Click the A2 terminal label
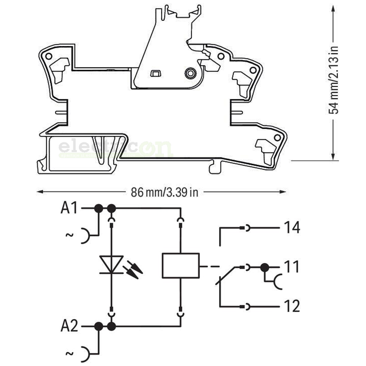69,326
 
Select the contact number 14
292,228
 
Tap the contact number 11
291,267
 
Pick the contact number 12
292,306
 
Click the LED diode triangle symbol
111,264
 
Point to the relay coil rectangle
181,266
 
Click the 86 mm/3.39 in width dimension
164,192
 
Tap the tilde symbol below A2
70,354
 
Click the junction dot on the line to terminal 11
265,268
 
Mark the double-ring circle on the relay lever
190,73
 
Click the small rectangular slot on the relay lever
155,74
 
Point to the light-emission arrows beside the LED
133,270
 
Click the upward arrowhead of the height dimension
333,9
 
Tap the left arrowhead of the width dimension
40,192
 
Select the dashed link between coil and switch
209,266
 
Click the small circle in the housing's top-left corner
49,56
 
